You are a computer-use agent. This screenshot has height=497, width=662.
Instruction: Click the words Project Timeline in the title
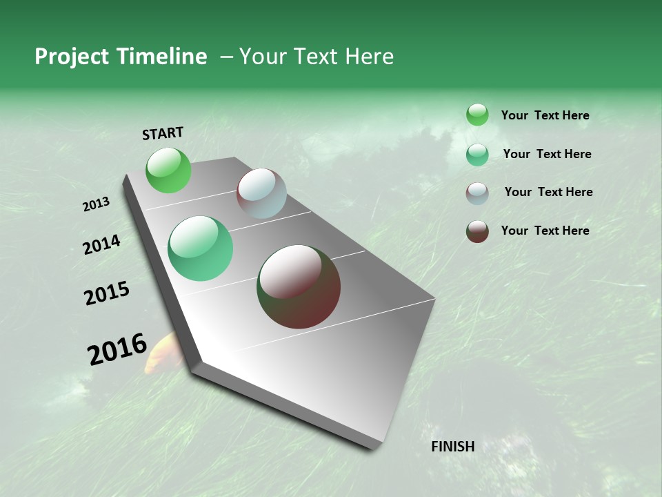click(x=121, y=57)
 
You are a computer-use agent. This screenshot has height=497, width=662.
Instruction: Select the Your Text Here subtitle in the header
click(x=317, y=57)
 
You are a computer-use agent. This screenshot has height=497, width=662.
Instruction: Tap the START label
click(x=163, y=133)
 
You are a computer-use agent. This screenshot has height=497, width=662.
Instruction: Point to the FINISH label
click(x=453, y=447)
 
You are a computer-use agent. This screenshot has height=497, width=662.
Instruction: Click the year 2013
click(x=96, y=204)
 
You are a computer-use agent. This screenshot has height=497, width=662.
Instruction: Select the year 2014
click(x=101, y=244)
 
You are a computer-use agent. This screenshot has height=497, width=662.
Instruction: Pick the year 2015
click(x=107, y=293)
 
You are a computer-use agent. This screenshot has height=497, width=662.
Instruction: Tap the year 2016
click(x=117, y=349)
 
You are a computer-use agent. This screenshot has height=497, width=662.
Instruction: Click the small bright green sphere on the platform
click(x=168, y=170)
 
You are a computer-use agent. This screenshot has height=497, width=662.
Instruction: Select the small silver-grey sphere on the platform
click(x=261, y=193)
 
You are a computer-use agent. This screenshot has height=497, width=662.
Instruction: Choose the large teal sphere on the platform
click(x=201, y=248)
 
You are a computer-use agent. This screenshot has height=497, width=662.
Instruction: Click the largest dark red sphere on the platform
click(x=299, y=286)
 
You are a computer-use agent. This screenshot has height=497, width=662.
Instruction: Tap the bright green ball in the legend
click(x=477, y=115)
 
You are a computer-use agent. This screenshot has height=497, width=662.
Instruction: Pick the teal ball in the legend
click(x=477, y=155)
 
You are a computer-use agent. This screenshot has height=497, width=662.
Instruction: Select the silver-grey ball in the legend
click(x=477, y=193)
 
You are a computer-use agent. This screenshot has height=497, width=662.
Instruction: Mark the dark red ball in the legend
click(x=477, y=231)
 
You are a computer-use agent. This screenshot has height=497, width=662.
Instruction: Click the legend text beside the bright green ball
click(x=545, y=116)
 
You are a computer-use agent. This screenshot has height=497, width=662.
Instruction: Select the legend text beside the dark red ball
click(x=545, y=231)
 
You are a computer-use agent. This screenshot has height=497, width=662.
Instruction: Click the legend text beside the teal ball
click(x=547, y=154)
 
